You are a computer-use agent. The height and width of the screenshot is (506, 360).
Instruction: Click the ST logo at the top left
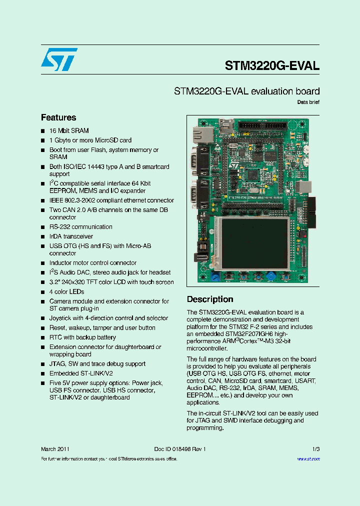59,59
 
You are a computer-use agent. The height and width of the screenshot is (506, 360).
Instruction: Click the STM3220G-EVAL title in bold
272,65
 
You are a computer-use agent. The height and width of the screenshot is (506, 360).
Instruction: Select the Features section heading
58,117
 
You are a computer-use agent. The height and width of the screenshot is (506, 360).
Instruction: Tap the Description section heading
210,299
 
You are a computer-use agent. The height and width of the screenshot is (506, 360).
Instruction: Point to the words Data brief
308,102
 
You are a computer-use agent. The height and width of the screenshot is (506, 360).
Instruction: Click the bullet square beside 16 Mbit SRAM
43,131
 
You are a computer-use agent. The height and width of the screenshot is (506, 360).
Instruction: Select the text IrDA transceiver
71,236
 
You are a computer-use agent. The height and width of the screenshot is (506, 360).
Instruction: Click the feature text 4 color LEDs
66,292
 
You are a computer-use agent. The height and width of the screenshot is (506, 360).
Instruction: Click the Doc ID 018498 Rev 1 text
180,449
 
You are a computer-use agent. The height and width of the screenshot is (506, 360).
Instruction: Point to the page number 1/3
315,449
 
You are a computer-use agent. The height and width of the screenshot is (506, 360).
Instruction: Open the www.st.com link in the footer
308,459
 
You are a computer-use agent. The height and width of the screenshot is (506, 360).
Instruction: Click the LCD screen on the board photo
255,242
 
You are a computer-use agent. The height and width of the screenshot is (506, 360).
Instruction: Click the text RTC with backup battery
82,337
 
